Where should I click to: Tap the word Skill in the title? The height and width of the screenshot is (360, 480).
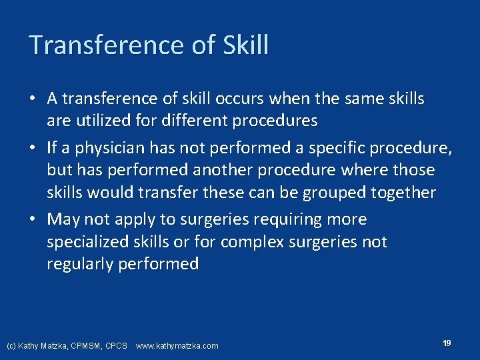[247, 45]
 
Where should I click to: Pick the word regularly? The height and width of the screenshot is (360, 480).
[80, 265]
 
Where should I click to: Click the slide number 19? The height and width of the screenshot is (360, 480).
[447, 343]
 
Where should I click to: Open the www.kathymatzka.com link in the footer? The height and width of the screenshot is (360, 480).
[177, 346]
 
